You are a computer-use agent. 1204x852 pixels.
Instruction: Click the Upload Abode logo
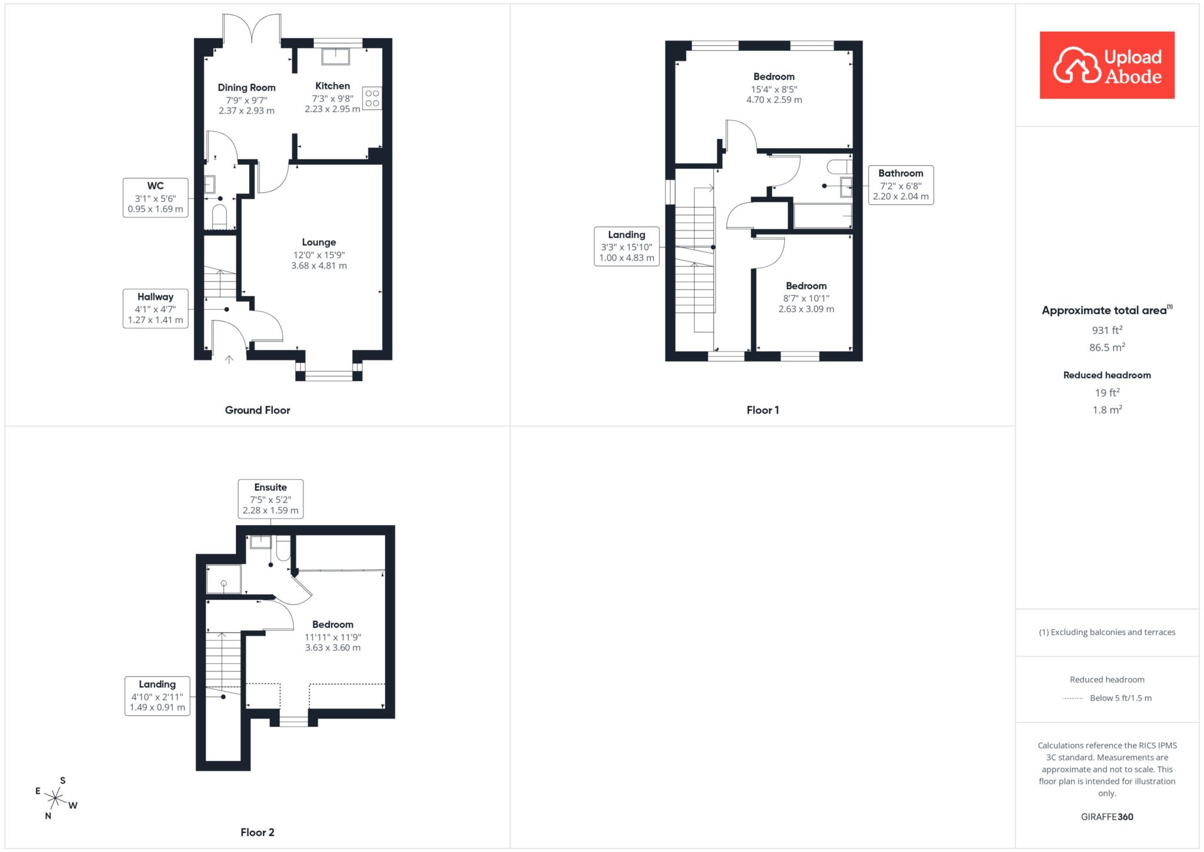pos(1107,65)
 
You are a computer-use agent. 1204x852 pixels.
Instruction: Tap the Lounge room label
pos(319,242)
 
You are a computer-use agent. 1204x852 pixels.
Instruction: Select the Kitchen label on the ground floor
pos(333,86)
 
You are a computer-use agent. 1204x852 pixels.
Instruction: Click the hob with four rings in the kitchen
pos(372,98)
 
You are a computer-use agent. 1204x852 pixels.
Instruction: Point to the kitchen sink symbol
pos(336,56)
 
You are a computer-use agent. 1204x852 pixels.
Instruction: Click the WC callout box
pos(155,198)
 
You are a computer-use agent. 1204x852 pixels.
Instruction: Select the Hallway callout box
pos(155,309)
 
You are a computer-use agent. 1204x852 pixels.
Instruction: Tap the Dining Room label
pos(246,88)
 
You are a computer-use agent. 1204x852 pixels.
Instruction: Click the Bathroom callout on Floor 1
pos(901,185)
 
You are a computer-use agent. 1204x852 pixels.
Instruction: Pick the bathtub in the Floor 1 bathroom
pos(822,216)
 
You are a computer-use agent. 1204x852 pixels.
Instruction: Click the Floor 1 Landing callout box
pos(627,246)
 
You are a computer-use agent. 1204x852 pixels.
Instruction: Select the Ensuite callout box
pos(270,499)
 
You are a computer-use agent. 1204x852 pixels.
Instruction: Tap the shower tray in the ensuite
pos(224,579)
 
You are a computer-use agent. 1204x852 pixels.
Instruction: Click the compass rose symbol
pos(55,798)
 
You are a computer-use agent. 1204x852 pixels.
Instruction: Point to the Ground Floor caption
pos(257,410)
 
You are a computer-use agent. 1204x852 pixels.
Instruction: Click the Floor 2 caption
pos(257,832)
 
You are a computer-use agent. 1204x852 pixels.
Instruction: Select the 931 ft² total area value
pos(1107,330)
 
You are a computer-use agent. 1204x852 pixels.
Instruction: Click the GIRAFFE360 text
pos(1107,817)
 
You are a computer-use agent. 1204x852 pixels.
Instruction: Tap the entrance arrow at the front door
pos(229,359)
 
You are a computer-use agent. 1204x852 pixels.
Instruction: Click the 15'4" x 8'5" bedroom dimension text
pos(774,89)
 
